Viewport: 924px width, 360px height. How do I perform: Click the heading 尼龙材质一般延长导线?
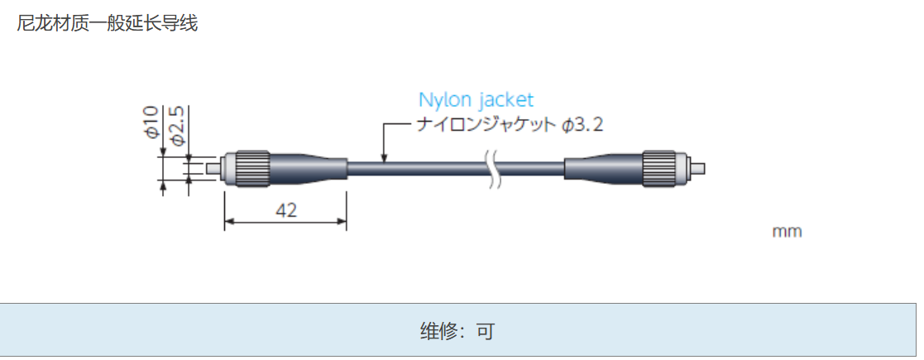(x=108, y=23)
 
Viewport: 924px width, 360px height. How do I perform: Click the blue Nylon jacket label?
(x=476, y=100)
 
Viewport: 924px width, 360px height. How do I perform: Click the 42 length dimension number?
(x=285, y=210)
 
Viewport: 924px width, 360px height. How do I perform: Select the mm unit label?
(x=787, y=232)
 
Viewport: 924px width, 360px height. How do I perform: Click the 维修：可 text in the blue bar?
(x=457, y=332)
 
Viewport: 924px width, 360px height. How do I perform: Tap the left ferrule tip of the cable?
(x=214, y=168)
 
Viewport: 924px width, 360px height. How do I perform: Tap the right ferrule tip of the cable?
(x=698, y=168)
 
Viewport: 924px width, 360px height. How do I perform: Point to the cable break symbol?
(x=494, y=170)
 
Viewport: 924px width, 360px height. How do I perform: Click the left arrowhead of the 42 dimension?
(x=229, y=221)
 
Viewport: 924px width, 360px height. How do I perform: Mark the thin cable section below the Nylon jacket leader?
(x=414, y=168)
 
